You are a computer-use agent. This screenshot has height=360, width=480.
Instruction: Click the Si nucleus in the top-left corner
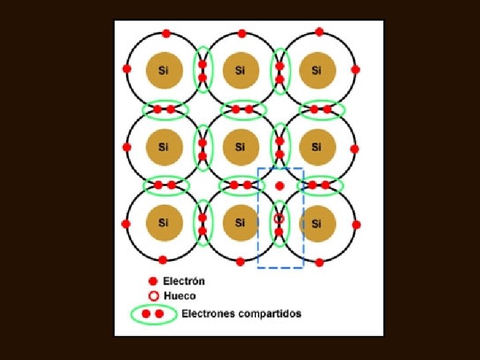click(x=163, y=69)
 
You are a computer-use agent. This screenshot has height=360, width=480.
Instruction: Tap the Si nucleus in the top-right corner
click(x=316, y=69)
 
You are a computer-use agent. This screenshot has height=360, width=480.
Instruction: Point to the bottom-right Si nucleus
click(x=316, y=223)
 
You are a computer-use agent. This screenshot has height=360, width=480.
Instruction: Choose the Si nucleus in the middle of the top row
click(x=240, y=69)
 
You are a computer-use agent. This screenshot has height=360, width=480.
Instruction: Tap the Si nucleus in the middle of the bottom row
click(x=240, y=223)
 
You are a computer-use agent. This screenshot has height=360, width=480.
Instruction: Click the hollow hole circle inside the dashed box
click(x=279, y=219)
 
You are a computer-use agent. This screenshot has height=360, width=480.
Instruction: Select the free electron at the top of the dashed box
click(x=280, y=186)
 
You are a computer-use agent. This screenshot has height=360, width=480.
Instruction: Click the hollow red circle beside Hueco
click(x=153, y=296)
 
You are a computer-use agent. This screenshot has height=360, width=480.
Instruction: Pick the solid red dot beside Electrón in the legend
click(x=153, y=281)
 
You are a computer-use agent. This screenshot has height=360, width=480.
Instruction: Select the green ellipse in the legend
click(x=154, y=313)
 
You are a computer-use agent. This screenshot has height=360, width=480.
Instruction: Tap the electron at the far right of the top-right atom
click(x=355, y=69)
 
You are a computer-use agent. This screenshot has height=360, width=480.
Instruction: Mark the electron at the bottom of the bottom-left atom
click(x=163, y=259)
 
